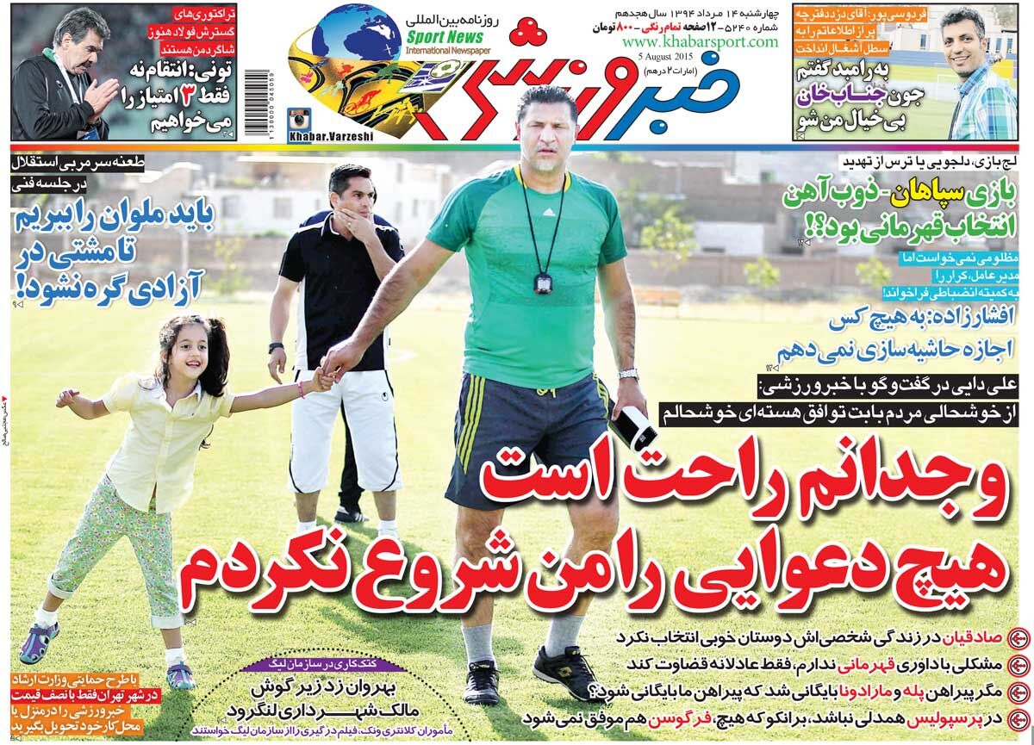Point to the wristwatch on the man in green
[x=628, y=373]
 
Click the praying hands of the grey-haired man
[x=102, y=93]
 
